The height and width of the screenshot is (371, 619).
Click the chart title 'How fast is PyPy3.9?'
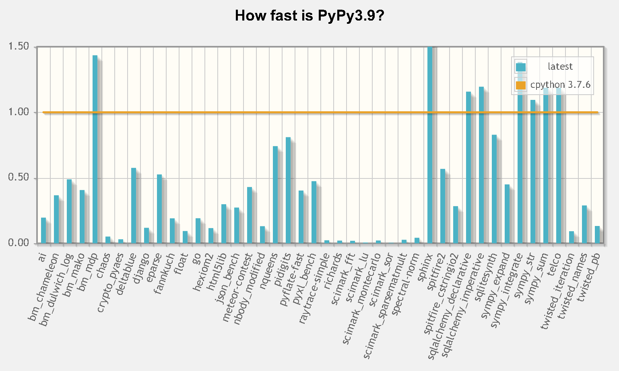pyautogui.click(x=309, y=16)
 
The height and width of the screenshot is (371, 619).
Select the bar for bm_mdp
pyautogui.click(x=95, y=149)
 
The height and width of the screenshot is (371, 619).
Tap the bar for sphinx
pyautogui.click(x=430, y=145)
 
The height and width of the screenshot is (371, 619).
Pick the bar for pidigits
pyautogui.click(x=288, y=190)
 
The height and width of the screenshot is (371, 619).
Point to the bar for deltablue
pyautogui.click(x=134, y=205)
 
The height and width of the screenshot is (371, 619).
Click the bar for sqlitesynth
pyautogui.click(x=494, y=189)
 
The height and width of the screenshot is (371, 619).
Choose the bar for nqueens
pyautogui.click(x=275, y=195)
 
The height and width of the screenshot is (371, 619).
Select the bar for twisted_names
pyautogui.click(x=584, y=224)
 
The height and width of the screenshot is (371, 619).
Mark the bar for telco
pyautogui.click(x=559, y=166)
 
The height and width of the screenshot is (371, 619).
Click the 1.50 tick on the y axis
pyautogui.click(x=19, y=47)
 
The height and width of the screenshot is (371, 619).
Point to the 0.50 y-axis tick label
pyautogui.click(x=19, y=178)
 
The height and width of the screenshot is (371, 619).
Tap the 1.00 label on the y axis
pyautogui.click(x=19, y=112)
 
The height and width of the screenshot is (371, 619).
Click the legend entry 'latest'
pyautogui.click(x=560, y=66)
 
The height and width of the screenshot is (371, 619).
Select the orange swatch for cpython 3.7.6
pyautogui.click(x=521, y=85)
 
